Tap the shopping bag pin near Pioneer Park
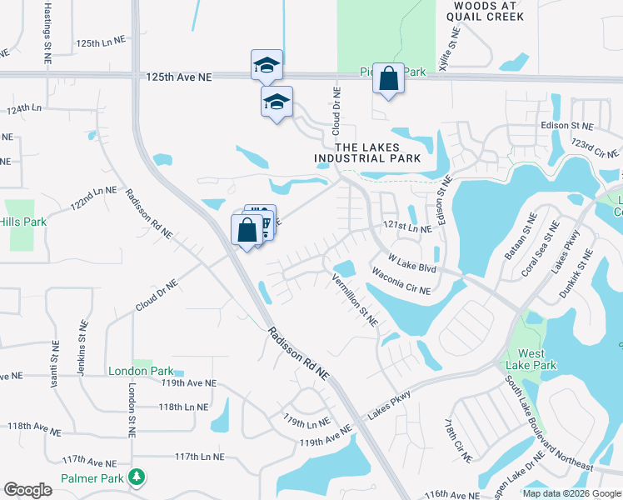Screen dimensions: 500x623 pos(388,79)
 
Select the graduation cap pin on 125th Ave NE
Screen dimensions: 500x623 pos(267,66)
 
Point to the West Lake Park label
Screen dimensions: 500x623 pos(531,359)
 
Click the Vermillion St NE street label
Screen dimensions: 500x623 pos(356,300)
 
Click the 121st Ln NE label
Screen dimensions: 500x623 pos(407,227)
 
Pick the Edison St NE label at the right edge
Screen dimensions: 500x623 pos(566,126)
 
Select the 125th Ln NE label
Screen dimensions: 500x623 pos(99,42)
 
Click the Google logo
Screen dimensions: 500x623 pos(27,490)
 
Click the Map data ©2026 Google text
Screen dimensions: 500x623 pos(571,493)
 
